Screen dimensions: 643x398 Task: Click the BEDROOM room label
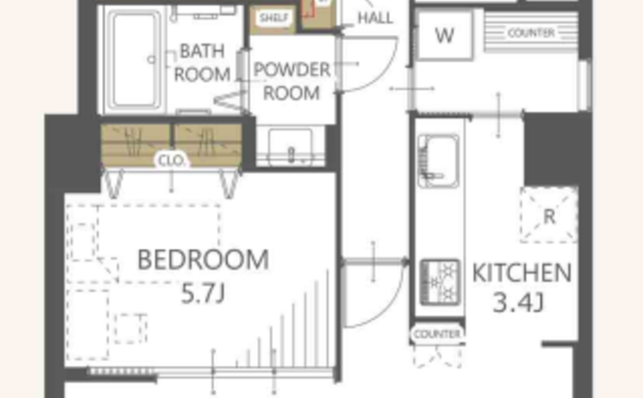point(203,260)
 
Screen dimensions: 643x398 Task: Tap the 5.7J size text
point(203,293)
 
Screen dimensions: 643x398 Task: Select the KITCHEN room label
point(522,273)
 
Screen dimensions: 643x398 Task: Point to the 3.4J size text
point(518,302)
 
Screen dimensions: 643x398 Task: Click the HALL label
point(375,17)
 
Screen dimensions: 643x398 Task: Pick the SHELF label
point(274,17)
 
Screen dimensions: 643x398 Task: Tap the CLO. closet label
point(173,161)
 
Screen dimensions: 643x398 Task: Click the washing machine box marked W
point(445,35)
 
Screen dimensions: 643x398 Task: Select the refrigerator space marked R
point(549,215)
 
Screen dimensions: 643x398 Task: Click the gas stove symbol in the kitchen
point(440,282)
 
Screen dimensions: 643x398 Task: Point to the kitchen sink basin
point(438,161)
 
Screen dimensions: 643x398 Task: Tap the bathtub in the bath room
point(134,61)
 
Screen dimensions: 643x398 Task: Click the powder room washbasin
point(291,146)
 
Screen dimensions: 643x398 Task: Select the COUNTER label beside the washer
point(531,33)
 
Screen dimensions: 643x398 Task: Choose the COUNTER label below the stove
point(437,334)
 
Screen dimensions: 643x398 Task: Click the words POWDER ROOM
point(291,81)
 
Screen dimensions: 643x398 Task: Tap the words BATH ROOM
point(202,63)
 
